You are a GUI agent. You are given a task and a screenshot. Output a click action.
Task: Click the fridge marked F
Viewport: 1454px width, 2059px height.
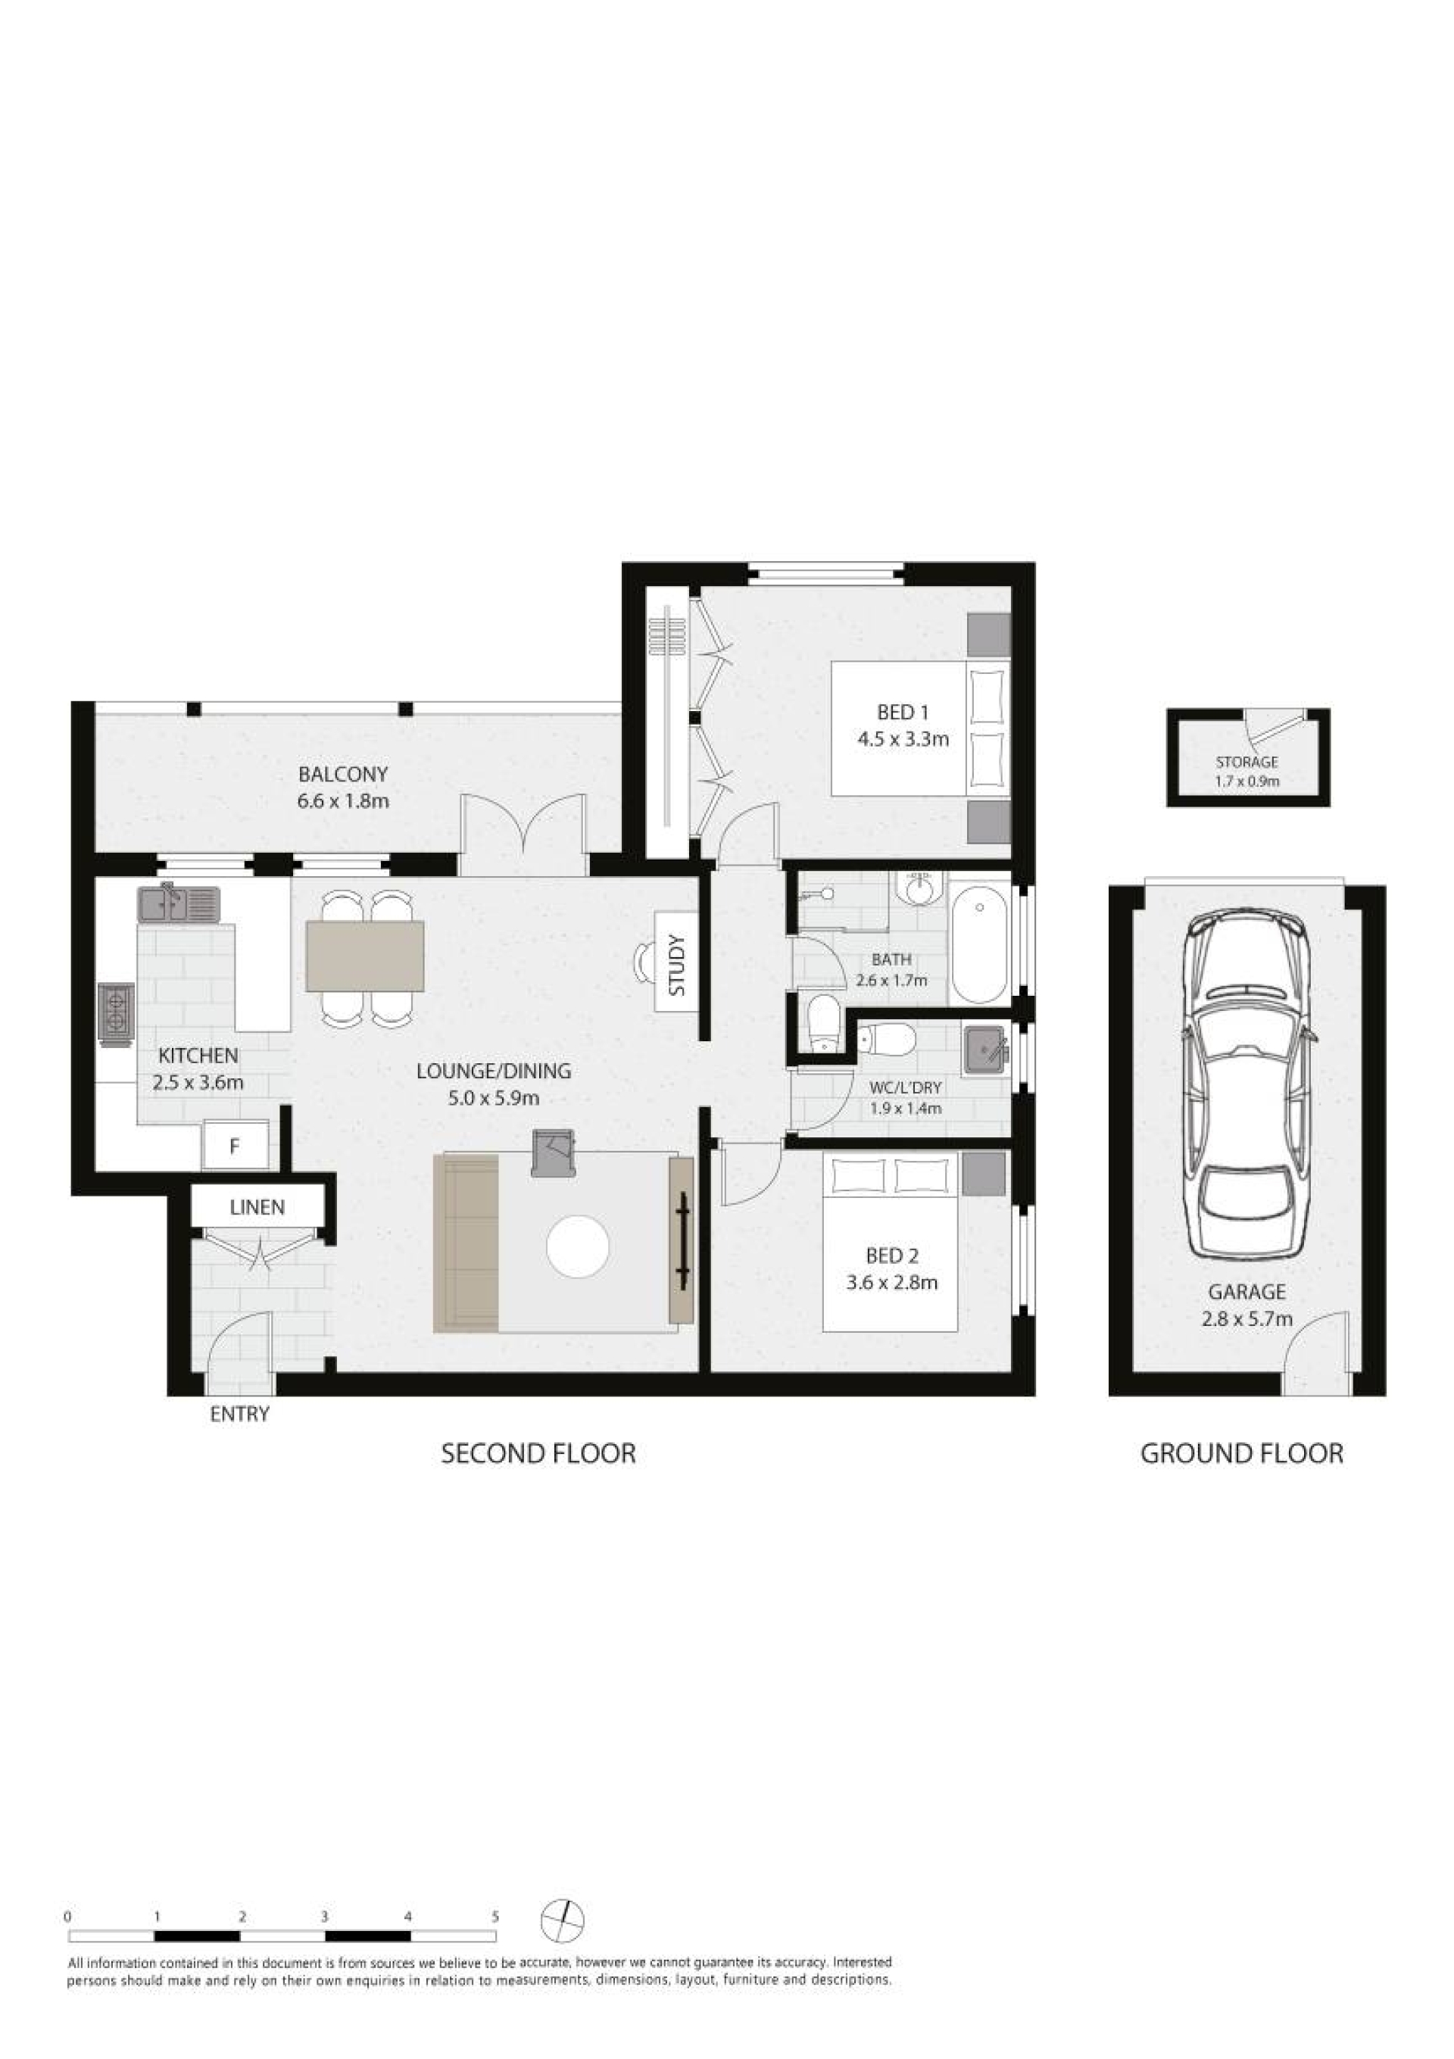[235, 1146]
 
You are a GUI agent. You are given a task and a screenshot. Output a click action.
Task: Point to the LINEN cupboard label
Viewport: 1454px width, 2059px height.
[257, 1207]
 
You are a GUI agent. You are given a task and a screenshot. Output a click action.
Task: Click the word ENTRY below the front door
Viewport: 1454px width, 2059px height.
[239, 1415]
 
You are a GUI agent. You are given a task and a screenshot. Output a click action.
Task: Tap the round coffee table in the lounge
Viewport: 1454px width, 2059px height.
[579, 1246]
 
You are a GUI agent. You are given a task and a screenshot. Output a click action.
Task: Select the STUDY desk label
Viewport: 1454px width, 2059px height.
[677, 966]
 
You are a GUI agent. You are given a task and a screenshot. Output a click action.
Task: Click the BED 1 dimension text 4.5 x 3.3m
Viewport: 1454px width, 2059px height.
[903, 740]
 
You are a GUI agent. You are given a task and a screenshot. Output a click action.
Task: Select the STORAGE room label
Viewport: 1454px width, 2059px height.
[1247, 763]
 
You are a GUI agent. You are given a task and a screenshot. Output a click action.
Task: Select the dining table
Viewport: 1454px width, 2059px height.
[365, 956]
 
